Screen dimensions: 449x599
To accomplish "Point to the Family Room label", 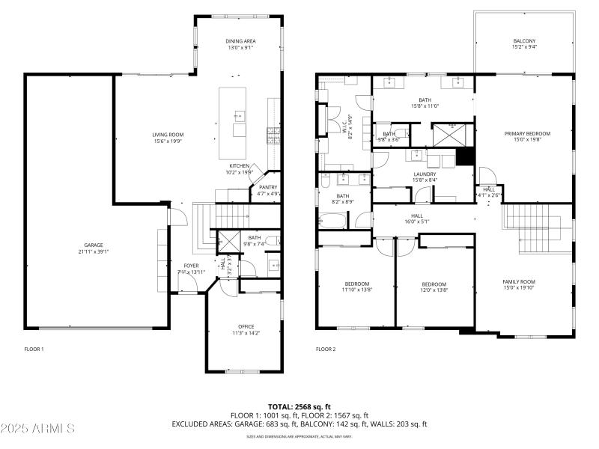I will click(x=519, y=285).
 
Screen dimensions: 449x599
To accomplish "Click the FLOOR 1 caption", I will click(x=34, y=349).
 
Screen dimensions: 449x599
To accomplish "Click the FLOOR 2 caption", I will click(x=326, y=349).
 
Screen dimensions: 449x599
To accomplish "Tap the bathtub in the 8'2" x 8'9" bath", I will click(x=333, y=221).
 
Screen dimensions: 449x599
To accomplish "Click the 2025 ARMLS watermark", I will click(x=37, y=429).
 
